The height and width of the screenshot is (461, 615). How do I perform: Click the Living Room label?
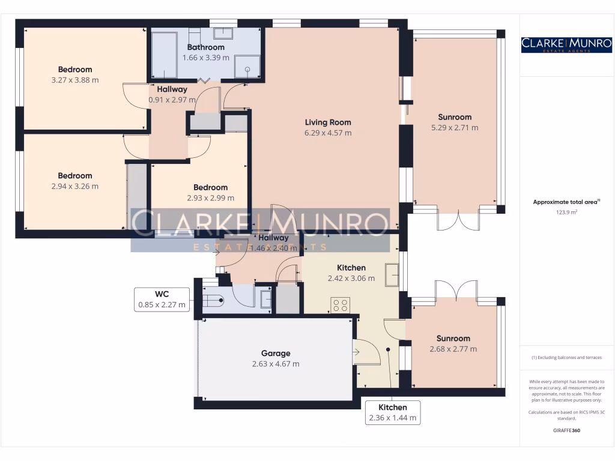pyautogui.click(x=327, y=122)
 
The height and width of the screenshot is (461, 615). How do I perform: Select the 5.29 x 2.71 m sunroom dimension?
pyautogui.click(x=455, y=128)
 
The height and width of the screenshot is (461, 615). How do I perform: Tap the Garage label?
pyautogui.click(x=276, y=354)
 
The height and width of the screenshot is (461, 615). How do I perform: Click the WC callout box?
pyautogui.click(x=162, y=299)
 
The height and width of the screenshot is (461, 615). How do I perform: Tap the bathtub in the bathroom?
pyautogui.click(x=163, y=55)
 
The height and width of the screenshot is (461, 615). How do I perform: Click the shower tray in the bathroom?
pyautogui.click(x=247, y=67)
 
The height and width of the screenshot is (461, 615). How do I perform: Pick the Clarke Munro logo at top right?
pyautogui.click(x=566, y=44)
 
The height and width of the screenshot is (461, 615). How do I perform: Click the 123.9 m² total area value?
pyautogui.click(x=566, y=212)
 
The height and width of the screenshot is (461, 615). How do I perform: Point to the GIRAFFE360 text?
pyautogui.click(x=566, y=430)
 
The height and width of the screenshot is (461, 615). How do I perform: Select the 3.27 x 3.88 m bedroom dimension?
pyautogui.click(x=75, y=79)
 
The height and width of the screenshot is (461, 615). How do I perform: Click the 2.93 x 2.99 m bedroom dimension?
pyautogui.click(x=210, y=197)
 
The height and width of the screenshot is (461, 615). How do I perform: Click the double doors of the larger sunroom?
pyautogui.click(x=458, y=220)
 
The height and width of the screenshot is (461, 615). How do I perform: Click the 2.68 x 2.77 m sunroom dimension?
pyautogui.click(x=453, y=349)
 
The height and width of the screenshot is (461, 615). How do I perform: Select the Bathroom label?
pyautogui.click(x=205, y=47)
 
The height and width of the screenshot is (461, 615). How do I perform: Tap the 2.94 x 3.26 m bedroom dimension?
pyautogui.click(x=75, y=186)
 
